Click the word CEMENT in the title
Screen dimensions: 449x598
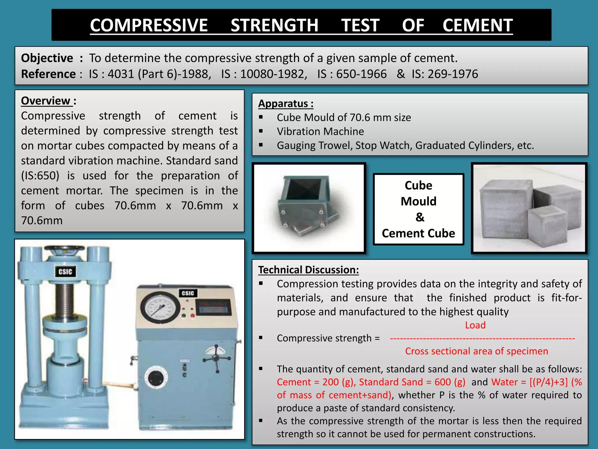(477, 25)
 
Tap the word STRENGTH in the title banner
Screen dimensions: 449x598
(274, 25)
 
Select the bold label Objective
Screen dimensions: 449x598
(47, 58)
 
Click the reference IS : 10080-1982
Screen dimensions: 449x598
(264, 74)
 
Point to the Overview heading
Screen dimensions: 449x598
(46, 101)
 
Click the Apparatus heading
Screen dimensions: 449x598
(286, 103)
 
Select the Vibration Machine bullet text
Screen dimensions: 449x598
(320, 131)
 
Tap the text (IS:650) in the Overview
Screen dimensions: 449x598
(40, 176)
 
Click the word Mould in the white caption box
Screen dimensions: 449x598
(418, 201)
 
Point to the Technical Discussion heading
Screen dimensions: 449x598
(308, 270)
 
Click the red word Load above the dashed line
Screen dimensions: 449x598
(475, 325)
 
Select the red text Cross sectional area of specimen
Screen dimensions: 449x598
(477, 351)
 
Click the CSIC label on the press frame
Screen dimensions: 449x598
(65, 272)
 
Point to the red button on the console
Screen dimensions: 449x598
(193, 315)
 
